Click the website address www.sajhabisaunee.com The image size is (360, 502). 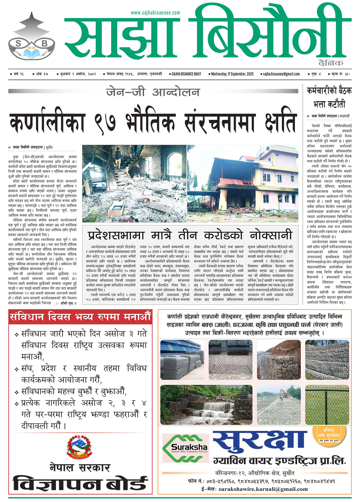pos(155,13)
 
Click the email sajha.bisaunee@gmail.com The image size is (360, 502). pos(281,74)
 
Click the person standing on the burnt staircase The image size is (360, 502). pos(118,156)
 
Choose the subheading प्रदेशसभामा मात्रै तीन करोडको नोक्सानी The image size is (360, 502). pos(190,235)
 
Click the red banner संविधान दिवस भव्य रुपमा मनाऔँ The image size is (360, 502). pos(80,317)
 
